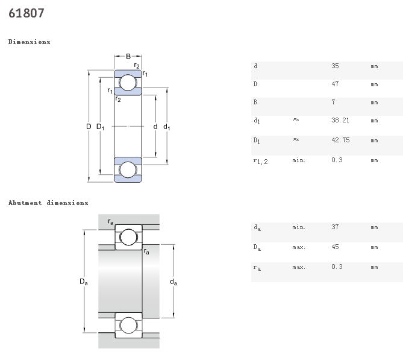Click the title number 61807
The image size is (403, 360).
coord(27,13)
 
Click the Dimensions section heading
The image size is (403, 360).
coord(30,42)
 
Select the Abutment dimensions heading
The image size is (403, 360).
coord(48,203)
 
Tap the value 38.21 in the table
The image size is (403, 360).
coord(340,121)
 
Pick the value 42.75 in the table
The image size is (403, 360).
coord(340,140)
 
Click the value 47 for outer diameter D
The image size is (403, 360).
coord(335,84)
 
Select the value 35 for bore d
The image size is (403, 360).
coord(335,65)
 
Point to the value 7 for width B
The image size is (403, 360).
coord(333,103)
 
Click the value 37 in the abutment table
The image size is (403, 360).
coord(335,227)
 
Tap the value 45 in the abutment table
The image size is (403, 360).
coord(335,247)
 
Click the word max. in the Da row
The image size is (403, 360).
coord(299,247)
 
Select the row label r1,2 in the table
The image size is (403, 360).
coord(260,161)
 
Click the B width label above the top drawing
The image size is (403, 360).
coord(128,57)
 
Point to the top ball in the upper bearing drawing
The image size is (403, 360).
coord(128,83)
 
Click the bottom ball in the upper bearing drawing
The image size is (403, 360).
coord(128,169)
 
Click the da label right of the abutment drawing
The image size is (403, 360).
coord(173,282)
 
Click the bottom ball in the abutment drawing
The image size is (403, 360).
coord(128,326)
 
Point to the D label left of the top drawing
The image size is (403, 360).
coord(89,127)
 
